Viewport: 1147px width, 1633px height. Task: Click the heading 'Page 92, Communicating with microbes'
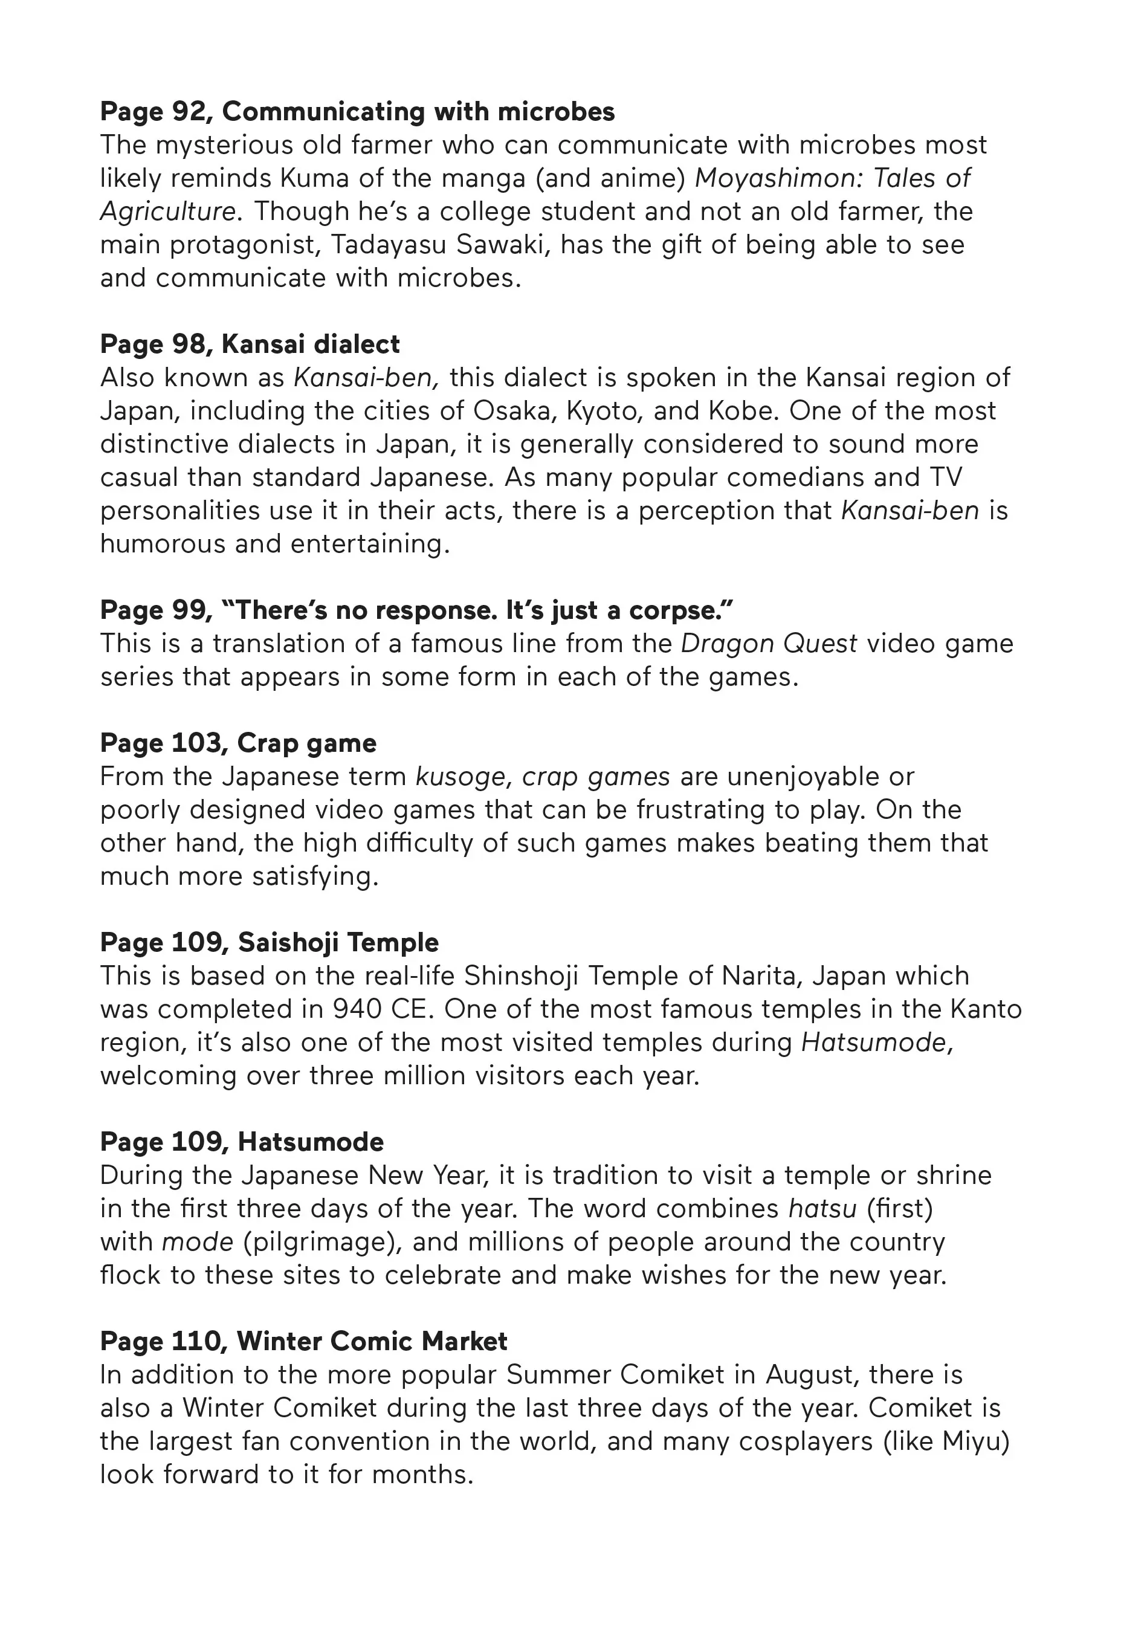click(x=357, y=112)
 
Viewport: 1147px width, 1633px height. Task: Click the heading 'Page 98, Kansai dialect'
click(x=250, y=344)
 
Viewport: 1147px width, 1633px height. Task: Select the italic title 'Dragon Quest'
click(x=769, y=644)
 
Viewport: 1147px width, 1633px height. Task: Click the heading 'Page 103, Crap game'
click(x=238, y=743)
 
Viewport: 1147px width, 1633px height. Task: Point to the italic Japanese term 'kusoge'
click(x=459, y=777)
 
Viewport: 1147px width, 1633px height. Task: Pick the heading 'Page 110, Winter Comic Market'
click(x=303, y=1342)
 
